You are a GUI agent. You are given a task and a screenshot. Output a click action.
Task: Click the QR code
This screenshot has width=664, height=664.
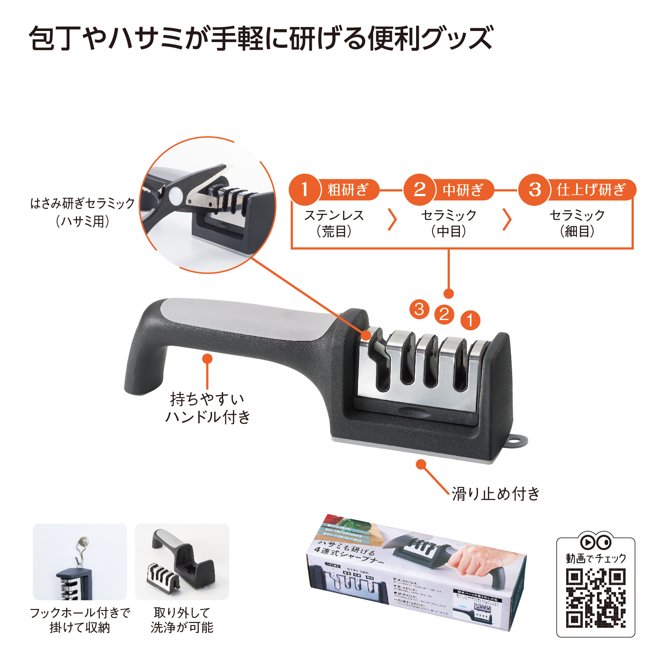click(595, 598)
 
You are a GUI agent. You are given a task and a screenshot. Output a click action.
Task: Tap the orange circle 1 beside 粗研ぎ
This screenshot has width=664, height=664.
click(305, 189)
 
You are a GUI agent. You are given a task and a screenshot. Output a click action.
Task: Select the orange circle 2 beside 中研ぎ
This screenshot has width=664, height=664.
click(419, 189)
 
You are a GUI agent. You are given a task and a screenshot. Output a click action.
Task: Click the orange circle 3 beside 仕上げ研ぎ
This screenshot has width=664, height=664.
click(534, 189)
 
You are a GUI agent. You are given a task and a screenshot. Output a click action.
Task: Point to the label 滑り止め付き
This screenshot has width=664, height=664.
click(496, 493)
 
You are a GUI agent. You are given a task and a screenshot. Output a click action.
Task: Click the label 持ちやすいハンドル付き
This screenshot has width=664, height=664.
click(207, 408)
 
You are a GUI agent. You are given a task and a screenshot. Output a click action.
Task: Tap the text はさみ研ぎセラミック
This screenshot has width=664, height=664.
click(82, 204)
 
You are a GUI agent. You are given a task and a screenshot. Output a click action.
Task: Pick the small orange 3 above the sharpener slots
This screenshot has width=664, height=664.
click(419, 309)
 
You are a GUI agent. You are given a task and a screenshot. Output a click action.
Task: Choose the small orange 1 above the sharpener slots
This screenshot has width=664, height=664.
click(470, 320)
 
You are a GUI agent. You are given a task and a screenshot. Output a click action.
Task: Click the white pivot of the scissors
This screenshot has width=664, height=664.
click(175, 195)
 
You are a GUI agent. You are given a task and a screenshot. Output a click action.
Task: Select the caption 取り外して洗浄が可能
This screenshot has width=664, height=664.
click(182, 620)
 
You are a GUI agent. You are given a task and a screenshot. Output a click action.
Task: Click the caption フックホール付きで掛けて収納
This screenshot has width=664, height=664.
click(80, 620)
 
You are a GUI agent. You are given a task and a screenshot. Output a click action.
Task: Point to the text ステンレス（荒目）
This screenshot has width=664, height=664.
click(334, 223)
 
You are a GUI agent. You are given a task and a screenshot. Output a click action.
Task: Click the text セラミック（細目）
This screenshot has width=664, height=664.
click(577, 223)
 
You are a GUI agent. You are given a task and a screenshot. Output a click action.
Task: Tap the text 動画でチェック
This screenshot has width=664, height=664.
click(596, 558)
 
